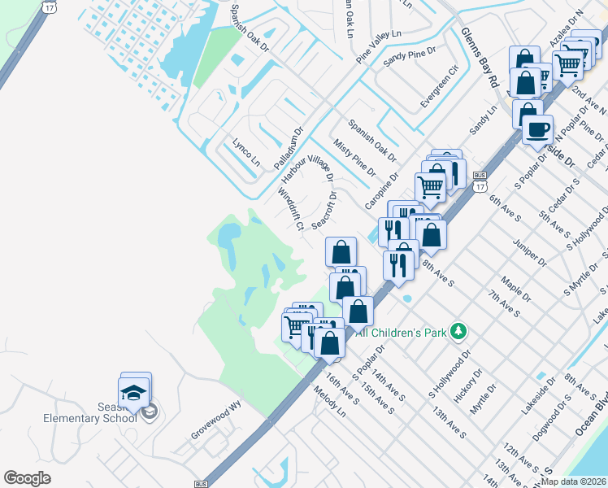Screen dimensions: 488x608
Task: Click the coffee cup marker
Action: click(x=537, y=129)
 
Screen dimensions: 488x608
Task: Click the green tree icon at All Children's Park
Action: click(x=459, y=331)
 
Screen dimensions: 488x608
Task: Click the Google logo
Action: click(x=28, y=477)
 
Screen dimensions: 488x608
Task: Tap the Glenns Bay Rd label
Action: click(x=479, y=58)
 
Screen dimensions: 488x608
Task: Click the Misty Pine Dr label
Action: click(x=354, y=157)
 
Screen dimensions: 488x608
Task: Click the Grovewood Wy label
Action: click(x=217, y=422)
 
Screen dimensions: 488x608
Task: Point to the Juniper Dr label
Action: click(x=529, y=252)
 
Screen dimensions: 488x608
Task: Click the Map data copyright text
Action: click(x=574, y=481)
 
